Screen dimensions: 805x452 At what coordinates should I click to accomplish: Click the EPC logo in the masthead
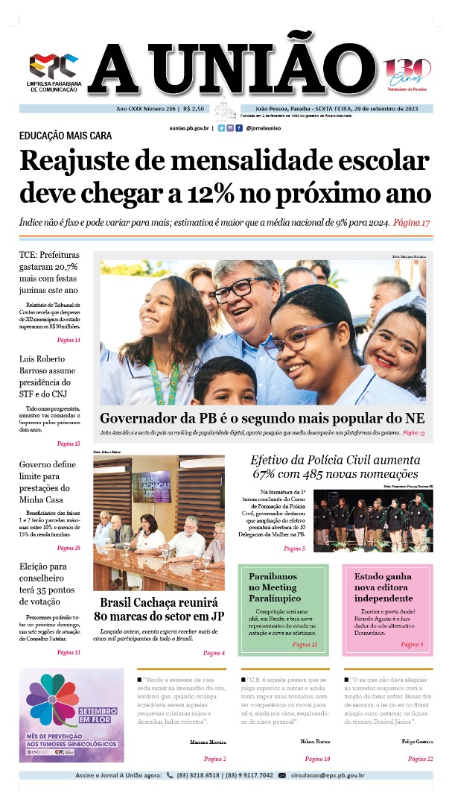[53, 66]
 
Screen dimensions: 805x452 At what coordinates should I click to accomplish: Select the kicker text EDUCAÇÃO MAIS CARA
[66, 136]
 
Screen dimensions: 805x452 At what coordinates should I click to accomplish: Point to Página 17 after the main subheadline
[412, 223]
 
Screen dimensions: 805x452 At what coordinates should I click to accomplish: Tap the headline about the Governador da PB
[262, 418]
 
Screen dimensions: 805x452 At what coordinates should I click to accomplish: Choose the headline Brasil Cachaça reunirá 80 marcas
[159, 609]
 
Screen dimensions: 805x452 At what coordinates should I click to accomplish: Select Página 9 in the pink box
[412, 644]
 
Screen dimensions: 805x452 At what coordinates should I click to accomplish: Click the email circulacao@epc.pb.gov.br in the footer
[328, 775]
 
